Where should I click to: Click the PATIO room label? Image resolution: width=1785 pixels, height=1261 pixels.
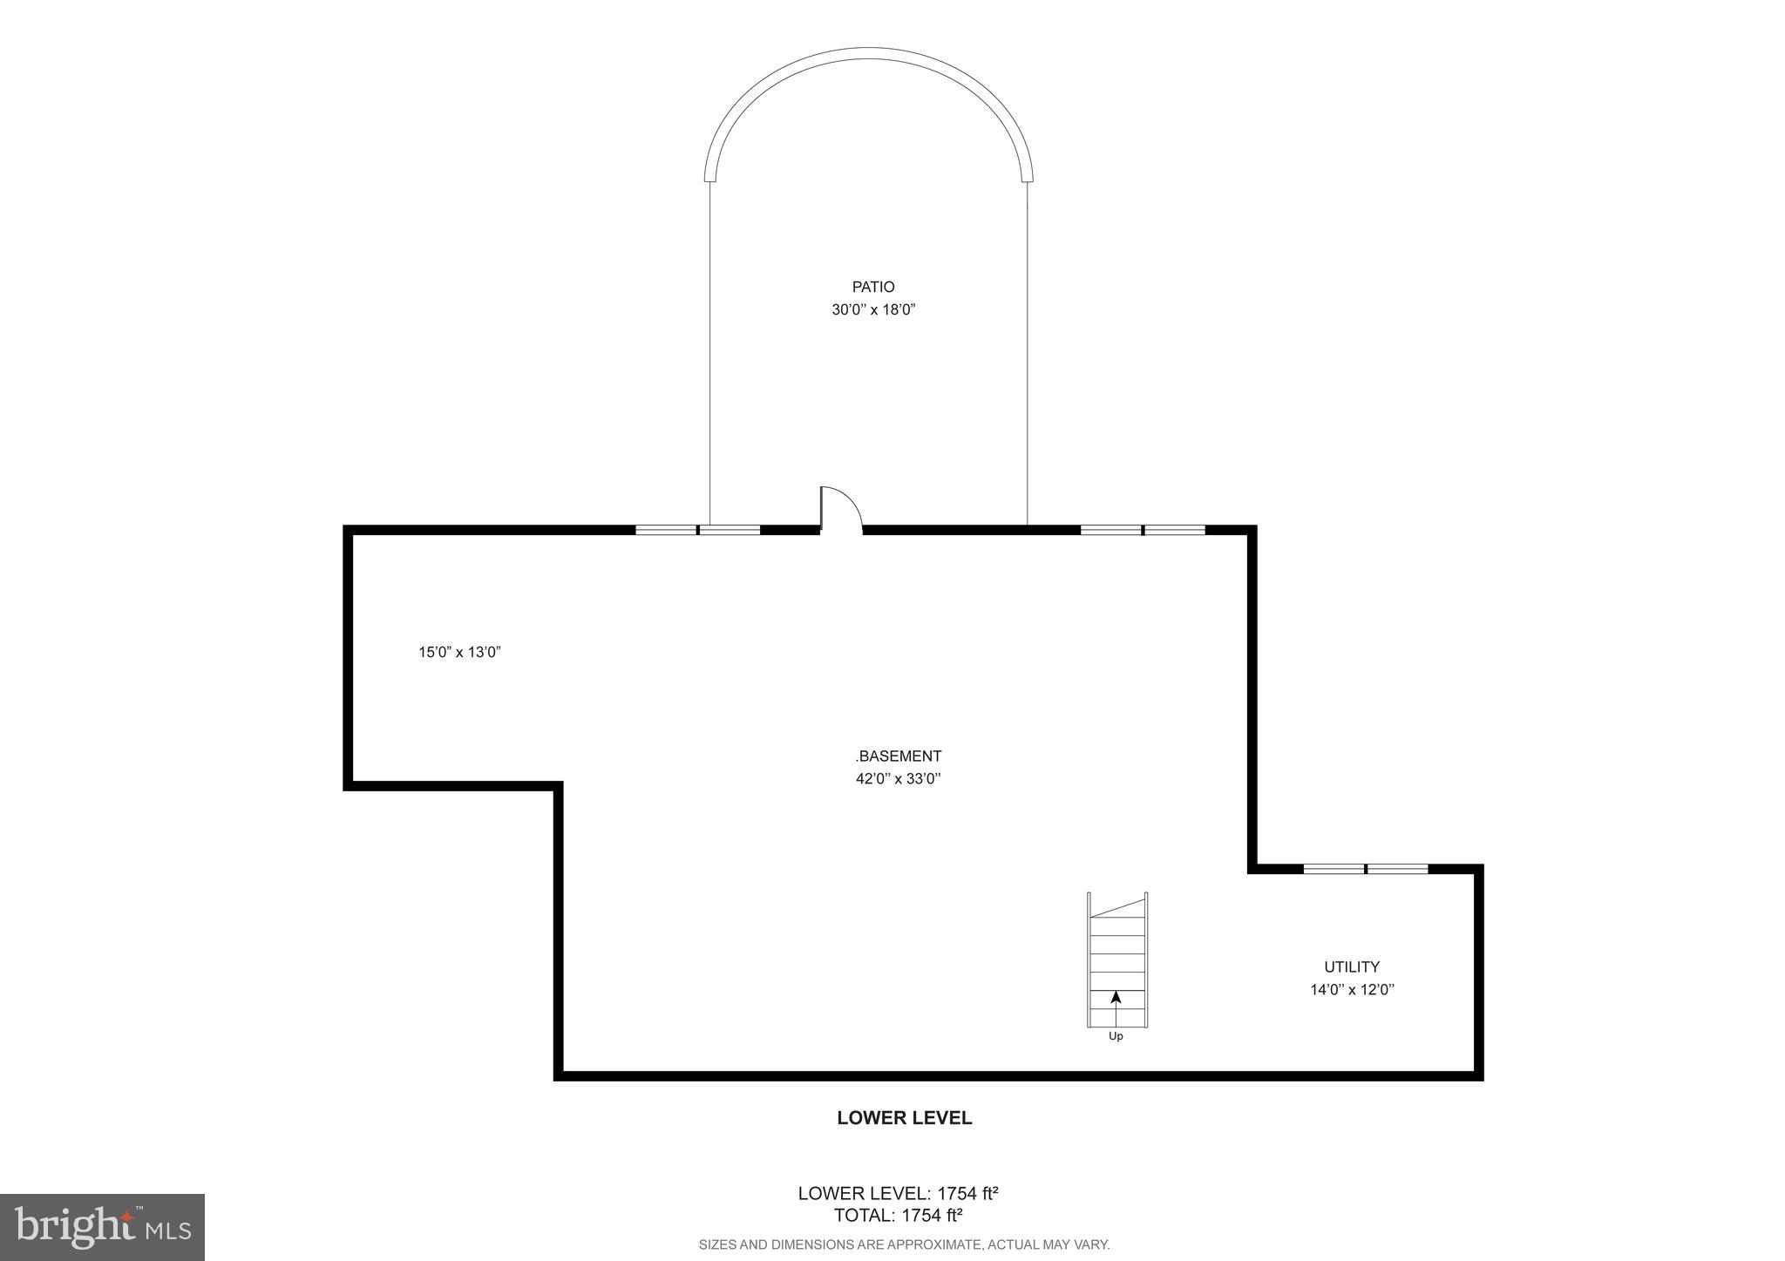point(872,287)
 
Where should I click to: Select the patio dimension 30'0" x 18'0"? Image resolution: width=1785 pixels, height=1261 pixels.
point(872,309)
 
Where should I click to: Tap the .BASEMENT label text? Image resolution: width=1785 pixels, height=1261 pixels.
point(898,756)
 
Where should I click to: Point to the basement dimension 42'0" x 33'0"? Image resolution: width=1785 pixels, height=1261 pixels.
point(898,779)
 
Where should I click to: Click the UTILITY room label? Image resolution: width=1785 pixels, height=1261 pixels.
point(1351,966)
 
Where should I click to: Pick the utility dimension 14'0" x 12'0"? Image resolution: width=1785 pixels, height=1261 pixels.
point(1351,989)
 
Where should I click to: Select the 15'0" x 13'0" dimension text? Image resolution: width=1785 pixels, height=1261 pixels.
point(459,652)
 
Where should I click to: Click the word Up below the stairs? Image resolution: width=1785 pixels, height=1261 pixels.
point(1116,1036)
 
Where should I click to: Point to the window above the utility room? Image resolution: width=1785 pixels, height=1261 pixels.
point(1365,868)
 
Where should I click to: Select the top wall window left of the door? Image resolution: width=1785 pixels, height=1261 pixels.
point(697,529)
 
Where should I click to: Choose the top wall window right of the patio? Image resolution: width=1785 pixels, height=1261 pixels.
point(1142,529)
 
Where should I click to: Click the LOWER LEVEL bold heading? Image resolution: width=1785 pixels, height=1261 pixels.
point(904,1118)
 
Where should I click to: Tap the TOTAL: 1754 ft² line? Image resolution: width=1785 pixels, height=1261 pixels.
point(898,1216)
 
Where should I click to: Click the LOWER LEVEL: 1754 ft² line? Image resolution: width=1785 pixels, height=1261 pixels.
point(898,1193)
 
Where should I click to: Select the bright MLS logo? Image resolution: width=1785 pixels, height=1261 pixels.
point(102,1227)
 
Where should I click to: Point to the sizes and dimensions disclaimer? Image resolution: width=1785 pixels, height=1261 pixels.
point(904,1244)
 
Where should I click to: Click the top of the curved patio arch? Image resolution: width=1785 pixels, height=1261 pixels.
point(869,52)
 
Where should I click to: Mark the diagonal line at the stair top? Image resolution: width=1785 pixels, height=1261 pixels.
point(1117,906)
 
